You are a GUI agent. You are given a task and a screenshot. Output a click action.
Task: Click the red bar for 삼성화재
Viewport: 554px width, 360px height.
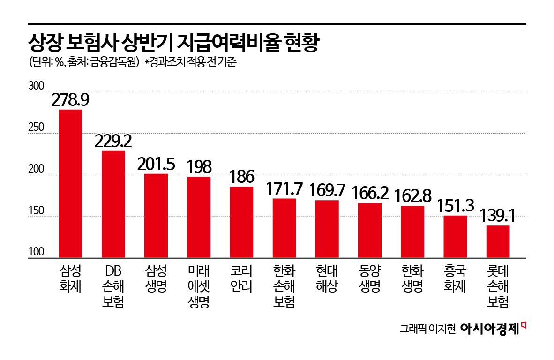point(70,184)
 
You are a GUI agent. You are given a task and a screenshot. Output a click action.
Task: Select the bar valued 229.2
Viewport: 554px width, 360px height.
point(113,204)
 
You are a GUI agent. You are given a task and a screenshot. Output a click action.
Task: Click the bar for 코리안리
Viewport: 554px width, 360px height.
point(241,222)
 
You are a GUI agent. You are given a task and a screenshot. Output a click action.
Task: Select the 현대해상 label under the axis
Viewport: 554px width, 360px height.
point(327,279)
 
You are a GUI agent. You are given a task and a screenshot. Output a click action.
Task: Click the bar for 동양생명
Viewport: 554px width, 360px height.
point(370,230)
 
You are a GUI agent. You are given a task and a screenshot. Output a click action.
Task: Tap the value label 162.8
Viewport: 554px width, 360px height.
point(412,195)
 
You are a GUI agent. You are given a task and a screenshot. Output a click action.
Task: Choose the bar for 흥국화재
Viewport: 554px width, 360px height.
point(455,237)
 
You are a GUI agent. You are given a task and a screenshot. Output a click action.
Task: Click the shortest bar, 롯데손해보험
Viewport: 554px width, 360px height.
point(498,241)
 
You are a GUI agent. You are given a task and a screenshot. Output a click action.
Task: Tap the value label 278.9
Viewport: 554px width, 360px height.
point(70,100)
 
